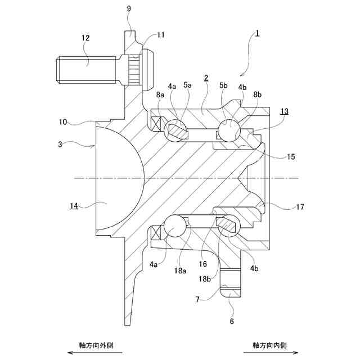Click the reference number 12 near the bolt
point(85,38)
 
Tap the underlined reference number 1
point(256,34)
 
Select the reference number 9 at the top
point(129,9)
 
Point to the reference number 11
point(161,35)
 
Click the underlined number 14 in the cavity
point(74,206)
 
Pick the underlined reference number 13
point(285,111)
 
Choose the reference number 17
point(300,207)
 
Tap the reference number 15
point(290,157)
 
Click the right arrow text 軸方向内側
point(269,345)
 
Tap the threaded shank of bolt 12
point(87,69)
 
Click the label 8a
point(160,95)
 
